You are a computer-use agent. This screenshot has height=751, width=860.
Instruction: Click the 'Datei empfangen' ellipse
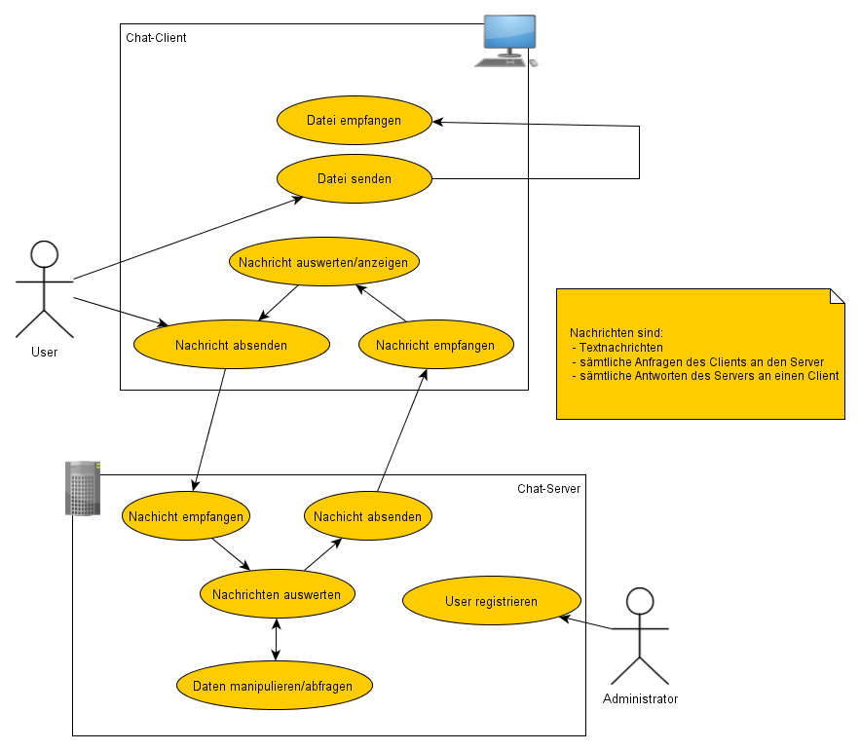(354, 121)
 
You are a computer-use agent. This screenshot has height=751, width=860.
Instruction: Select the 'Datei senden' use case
(354, 178)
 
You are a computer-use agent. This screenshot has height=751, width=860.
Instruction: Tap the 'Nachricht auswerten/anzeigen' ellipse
(325, 262)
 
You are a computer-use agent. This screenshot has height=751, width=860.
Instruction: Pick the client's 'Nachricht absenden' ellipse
(231, 345)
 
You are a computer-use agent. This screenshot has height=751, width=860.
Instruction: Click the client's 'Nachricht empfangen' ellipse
(434, 345)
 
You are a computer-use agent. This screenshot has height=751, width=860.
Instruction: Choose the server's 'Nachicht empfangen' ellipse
(185, 516)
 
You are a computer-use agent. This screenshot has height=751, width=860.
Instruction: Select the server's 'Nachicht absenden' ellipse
(367, 516)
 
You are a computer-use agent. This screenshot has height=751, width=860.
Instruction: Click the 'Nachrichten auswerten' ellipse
(277, 594)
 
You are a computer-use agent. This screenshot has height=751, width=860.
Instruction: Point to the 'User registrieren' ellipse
(491, 601)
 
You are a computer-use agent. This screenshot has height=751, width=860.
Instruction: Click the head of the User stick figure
(45, 255)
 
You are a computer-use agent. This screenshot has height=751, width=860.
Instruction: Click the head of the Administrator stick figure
(640, 601)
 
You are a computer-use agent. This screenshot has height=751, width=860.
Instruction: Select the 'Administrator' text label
(640, 698)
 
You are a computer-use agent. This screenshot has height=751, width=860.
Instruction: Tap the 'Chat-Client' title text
(156, 38)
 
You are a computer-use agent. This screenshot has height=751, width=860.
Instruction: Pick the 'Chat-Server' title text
(548, 488)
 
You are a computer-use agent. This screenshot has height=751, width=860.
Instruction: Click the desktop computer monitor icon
(509, 36)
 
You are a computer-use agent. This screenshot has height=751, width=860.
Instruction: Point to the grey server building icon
(82, 488)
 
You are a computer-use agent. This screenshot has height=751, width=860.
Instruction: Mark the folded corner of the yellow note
(836, 297)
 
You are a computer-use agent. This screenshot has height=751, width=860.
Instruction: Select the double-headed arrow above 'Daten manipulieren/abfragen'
(277, 639)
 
